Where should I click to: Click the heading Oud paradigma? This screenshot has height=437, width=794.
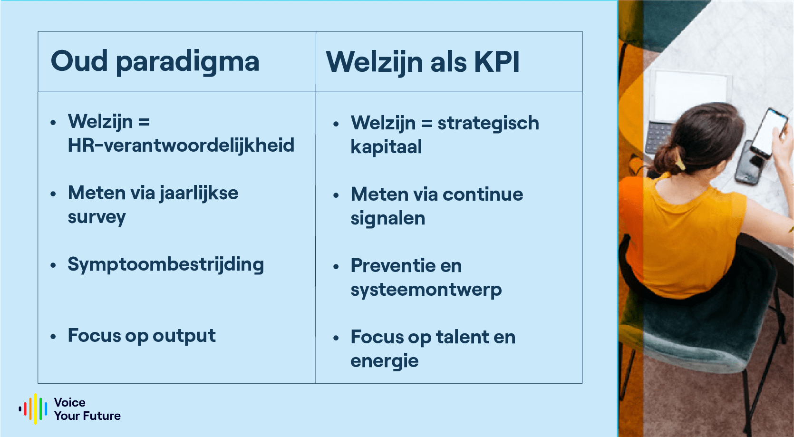(x=155, y=62)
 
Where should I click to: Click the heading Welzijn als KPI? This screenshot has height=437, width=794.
(x=423, y=62)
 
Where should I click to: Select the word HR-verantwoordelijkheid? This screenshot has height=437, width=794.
(x=181, y=146)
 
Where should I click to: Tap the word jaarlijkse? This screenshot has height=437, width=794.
(x=199, y=194)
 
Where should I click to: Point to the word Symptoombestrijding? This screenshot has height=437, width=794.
(x=165, y=265)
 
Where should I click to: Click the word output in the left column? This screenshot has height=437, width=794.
(x=184, y=336)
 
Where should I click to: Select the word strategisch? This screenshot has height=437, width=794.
(x=488, y=123)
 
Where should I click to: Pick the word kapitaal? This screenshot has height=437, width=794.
(x=386, y=147)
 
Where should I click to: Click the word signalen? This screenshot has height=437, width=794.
(x=387, y=219)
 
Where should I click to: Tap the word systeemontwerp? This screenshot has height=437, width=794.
(x=426, y=290)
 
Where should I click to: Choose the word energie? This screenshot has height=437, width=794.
(x=384, y=361)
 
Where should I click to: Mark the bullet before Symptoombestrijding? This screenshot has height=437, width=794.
(x=53, y=265)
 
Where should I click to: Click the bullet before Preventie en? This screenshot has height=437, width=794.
(x=336, y=267)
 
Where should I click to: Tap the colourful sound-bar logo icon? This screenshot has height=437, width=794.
(x=33, y=408)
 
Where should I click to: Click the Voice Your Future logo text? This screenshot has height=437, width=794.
(x=87, y=409)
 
